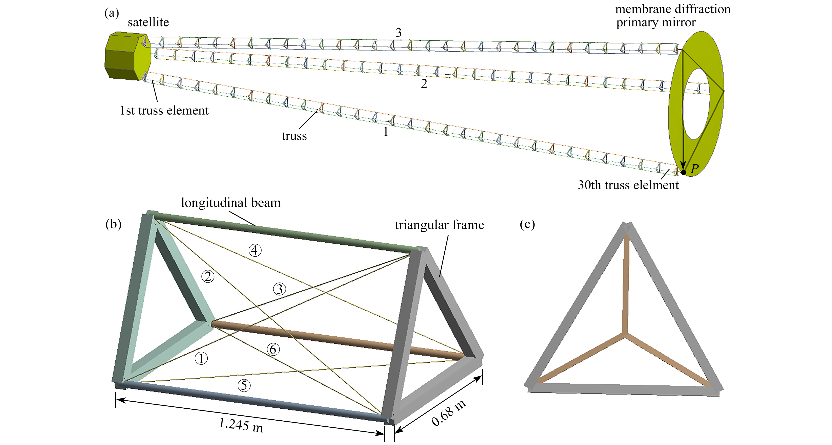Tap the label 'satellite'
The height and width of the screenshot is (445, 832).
[x=148, y=22]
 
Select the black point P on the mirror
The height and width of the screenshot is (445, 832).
[x=683, y=172]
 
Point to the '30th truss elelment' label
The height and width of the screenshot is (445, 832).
[x=628, y=185]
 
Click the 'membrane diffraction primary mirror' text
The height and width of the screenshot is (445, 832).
[x=672, y=16]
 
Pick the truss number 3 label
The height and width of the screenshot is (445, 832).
[x=399, y=33]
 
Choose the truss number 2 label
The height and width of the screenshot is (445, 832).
[x=424, y=84]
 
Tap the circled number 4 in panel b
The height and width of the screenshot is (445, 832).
[x=255, y=250]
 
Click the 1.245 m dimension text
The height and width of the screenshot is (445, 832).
[x=241, y=425]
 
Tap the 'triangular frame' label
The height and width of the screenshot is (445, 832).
[x=439, y=225]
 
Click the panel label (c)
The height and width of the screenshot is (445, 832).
[x=527, y=224]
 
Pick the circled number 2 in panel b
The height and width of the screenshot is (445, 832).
[x=208, y=276]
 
